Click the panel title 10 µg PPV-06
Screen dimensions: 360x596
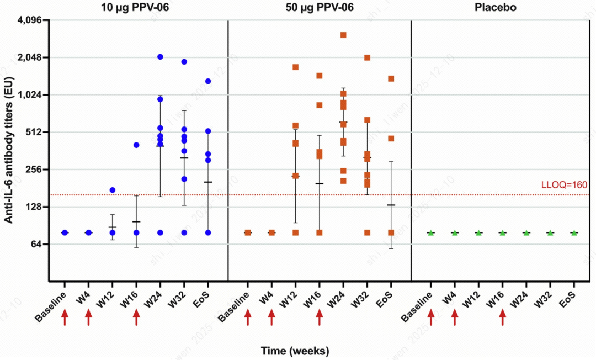[x=136, y=8]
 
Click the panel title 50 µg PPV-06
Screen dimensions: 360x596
[x=319, y=8]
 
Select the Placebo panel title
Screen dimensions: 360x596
[x=502, y=8]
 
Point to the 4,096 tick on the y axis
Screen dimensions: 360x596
[x=33, y=20]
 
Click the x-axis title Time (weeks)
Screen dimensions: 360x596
[x=295, y=351]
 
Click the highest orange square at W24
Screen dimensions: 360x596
[x=343, y=35]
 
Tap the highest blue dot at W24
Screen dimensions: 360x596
[x=160, y=57]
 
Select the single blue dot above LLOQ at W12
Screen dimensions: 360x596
[x=113, y=190]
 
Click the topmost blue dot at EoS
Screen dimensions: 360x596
[x=208, y=81]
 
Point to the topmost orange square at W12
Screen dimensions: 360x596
[x=295, y=67]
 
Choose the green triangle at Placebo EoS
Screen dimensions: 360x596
[x=574, y=232]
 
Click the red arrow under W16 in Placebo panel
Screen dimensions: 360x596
[x=502, y=317]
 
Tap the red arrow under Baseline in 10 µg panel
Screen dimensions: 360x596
[x=65, y=317]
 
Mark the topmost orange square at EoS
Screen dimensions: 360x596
[x=391, y=78]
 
